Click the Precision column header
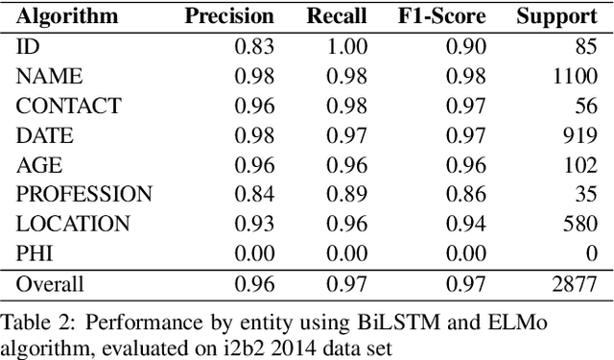click(229, 16)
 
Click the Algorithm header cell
click(67, 16)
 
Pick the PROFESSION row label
click(84, 195)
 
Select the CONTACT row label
click(68, 106)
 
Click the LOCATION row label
click(73, 225)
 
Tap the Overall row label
click(50, 284)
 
